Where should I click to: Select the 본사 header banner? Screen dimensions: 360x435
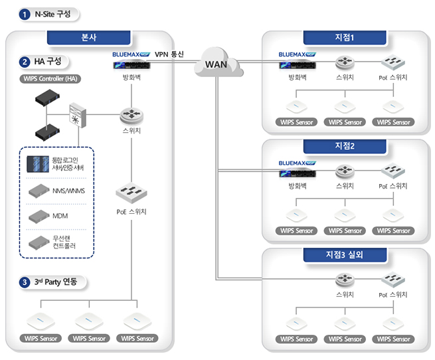pos(88,38)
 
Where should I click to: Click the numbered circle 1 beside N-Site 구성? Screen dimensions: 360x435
pos(25,14)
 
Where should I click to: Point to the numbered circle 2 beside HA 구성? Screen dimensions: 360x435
pos(25,62)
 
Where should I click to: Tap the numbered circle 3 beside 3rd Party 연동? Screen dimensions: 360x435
pos(25,282)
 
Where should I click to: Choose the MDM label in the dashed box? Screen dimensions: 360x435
pos(61,215)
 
